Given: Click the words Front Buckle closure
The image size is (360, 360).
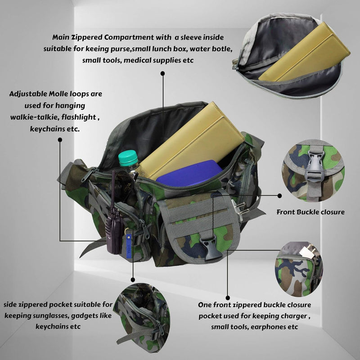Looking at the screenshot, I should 310,211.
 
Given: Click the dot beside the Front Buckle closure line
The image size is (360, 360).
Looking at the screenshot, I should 280,196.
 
